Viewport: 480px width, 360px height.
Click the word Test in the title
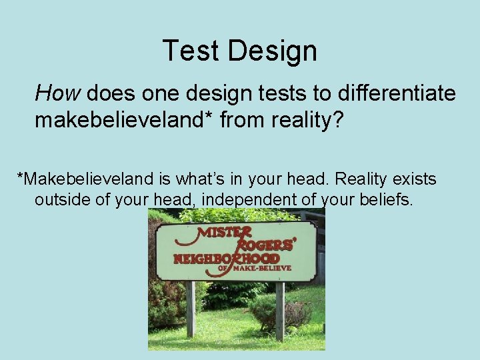[x=189, y=51]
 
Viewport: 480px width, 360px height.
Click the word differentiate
[x=392, y=92]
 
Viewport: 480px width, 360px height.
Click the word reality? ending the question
[x=309, y=121]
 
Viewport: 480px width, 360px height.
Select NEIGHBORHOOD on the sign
[x=227, y=259]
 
